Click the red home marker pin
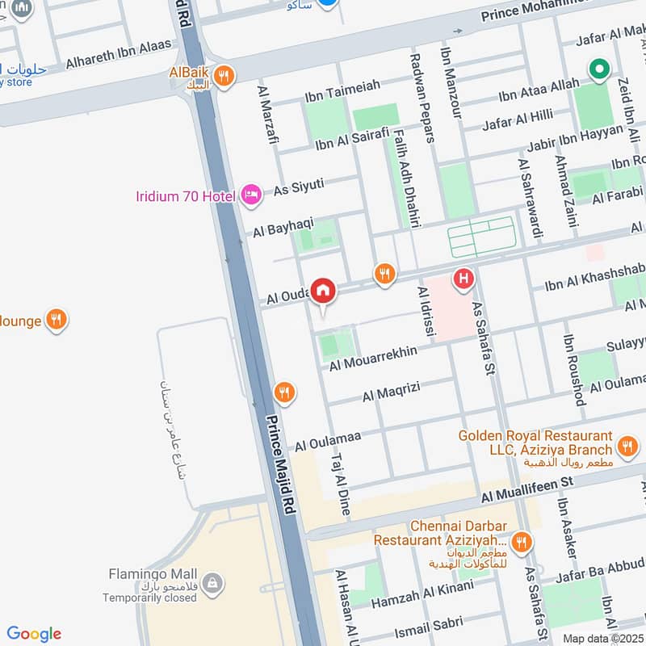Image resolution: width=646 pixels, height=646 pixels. coord(323,291)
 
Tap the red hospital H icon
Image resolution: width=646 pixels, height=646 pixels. coord(463,279)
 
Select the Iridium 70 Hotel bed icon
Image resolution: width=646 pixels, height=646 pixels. coord(251,195)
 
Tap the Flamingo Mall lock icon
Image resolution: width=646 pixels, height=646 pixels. coord(212,583)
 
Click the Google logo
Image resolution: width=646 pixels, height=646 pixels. coord(34,634)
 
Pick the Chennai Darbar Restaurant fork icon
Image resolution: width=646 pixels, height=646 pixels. coord(522,541)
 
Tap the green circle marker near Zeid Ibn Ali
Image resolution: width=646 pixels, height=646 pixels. coord(598,70)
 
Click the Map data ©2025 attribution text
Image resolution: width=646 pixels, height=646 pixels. coord(603,638)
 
